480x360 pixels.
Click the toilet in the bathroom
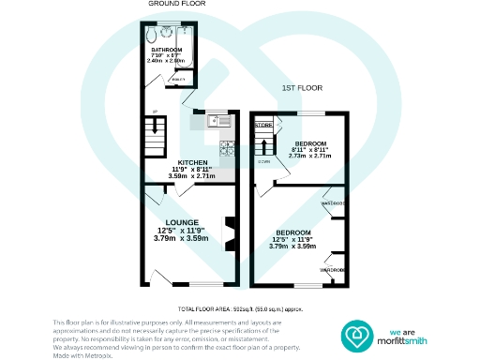[x=153, y=37]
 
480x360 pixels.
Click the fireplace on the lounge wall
[x=229, y=230]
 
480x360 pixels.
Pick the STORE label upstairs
[x=264, y=125]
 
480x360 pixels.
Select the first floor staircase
[x=266, y=145]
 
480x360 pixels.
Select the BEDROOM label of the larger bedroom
[x=293, y=232]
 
